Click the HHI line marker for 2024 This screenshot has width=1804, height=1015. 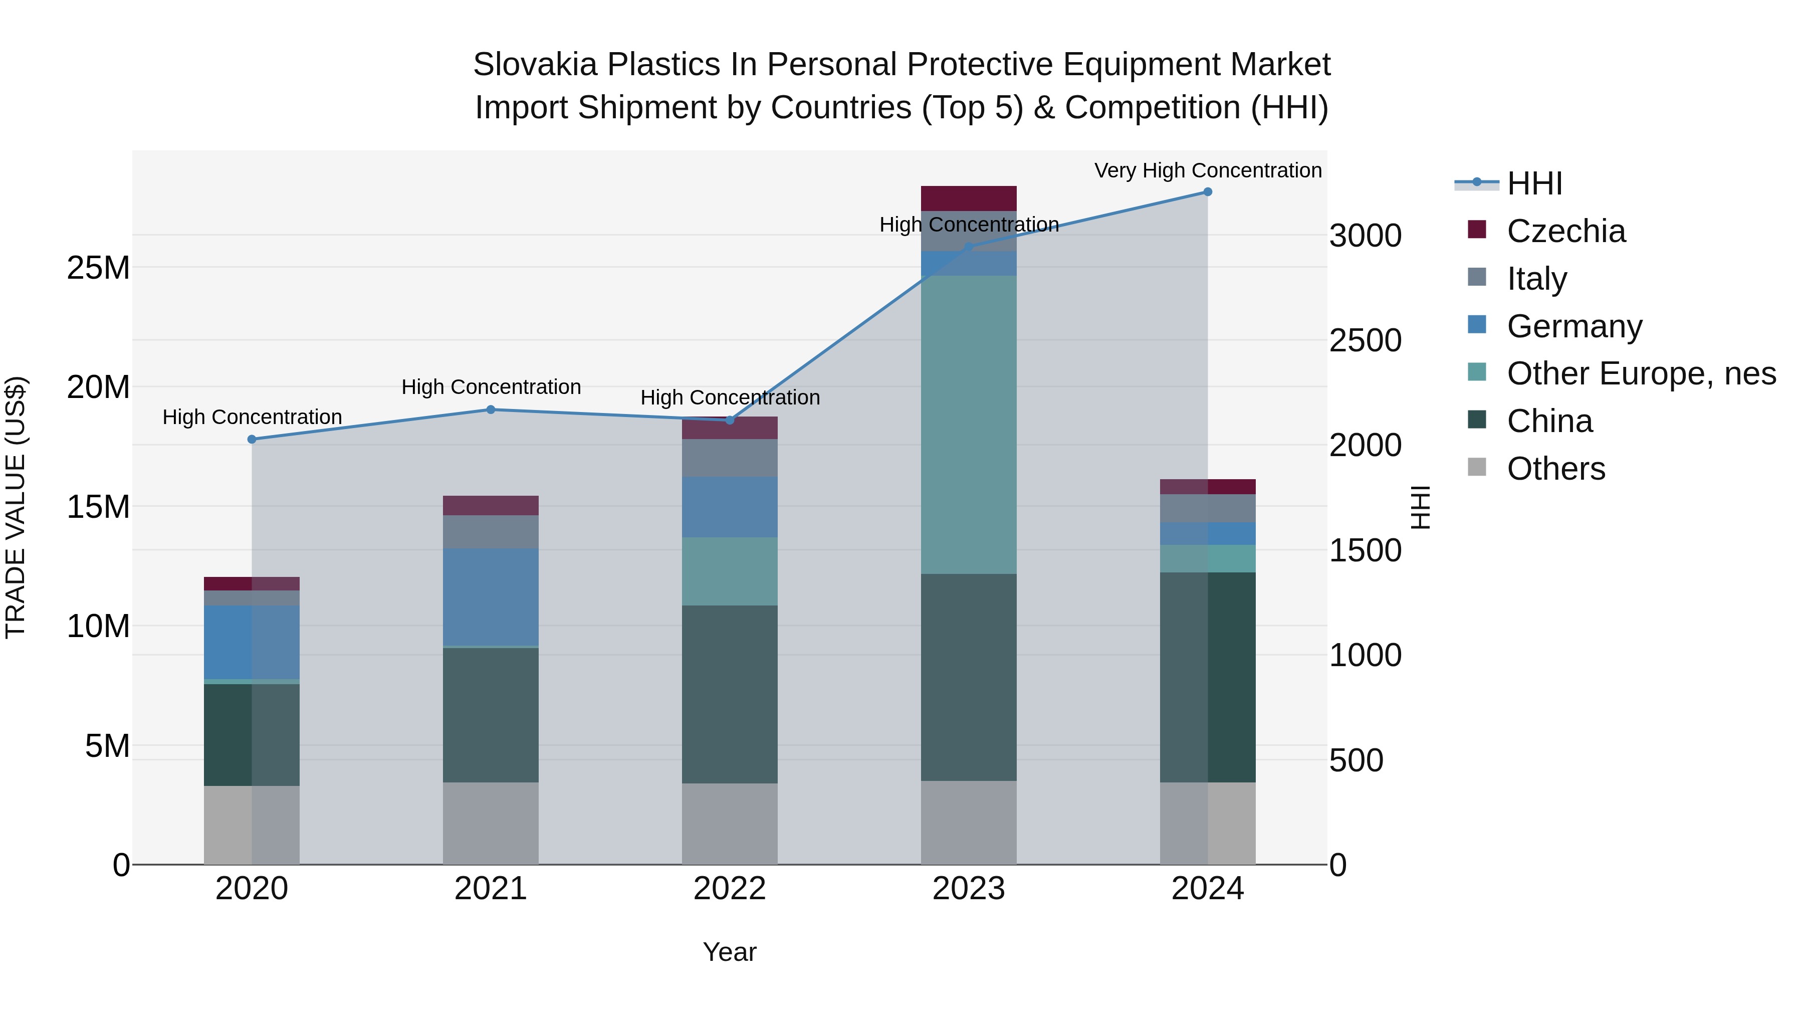pos(1207,192)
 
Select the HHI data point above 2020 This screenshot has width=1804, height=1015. pos(252,439)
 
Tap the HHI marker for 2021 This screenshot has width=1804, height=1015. pos(491,410)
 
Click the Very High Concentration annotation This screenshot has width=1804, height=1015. pos(1207,170)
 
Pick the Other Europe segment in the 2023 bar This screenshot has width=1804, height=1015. pos(969,425)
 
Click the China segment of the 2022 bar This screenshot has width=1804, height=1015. pos(730,694)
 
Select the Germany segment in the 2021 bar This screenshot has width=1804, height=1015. pos(491,597)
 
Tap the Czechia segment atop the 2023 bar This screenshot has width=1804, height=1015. pos(969,198)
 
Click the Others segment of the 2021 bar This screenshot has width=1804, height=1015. pos(491,823)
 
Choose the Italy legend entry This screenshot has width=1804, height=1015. pos(1536,279)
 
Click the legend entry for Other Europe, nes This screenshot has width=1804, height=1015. pos(1641,373)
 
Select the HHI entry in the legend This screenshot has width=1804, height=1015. pos(1534,183)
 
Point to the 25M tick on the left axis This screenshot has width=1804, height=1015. pos(98,268)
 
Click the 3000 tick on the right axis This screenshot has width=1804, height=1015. pos(1365,236)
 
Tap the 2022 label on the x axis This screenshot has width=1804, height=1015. pos(730,889)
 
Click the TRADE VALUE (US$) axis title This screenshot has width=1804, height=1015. pos(16,507)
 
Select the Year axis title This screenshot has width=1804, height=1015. pos(730,952)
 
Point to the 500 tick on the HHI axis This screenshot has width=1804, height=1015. pos(1356,760)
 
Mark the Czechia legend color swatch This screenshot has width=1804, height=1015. pos(1476,229)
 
